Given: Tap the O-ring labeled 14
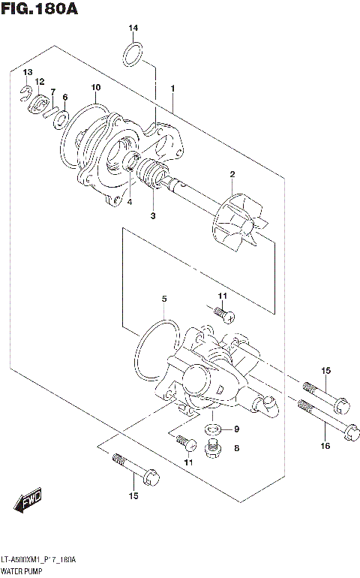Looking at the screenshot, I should coord(133,53).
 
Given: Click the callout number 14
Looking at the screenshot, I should coord(133,29).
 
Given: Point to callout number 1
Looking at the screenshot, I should coord(172,89).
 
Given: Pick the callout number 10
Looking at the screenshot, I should coord(95,89).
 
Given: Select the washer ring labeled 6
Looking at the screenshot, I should coord(64,119).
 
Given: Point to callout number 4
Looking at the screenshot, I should coord(129,201).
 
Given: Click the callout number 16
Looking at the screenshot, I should coord(325,446).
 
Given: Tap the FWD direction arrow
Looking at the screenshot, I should coord(29,499).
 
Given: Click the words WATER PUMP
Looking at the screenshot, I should coord(22,571).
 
